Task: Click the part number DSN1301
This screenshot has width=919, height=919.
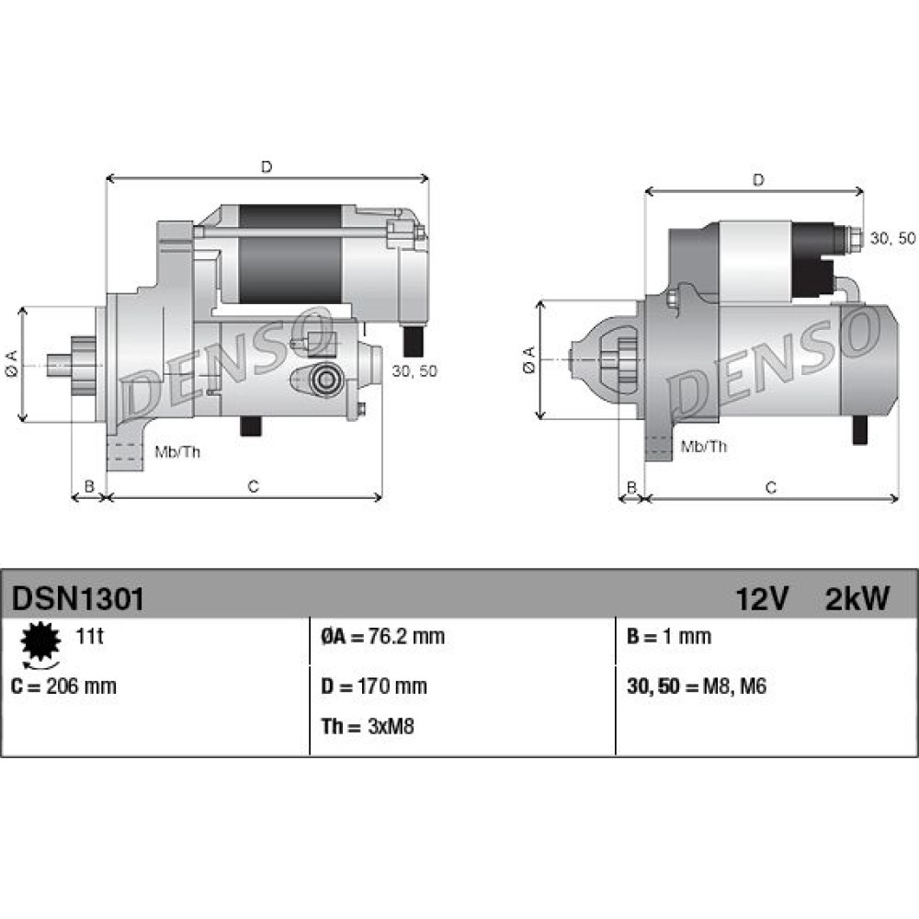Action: point(77,599)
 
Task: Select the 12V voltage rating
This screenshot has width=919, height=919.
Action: point(762,599)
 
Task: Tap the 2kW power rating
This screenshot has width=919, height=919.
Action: point(857,599)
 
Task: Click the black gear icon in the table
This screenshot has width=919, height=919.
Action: point(41,642)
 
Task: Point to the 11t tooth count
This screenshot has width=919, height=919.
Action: point(89,636)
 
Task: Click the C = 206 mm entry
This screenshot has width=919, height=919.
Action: point(64,686)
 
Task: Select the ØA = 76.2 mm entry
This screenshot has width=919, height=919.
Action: point(382,636)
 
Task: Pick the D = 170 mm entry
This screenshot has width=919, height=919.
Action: point(374,686)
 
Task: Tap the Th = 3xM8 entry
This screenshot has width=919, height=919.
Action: point(368,726)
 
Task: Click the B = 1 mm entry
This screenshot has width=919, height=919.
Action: point(669,636)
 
